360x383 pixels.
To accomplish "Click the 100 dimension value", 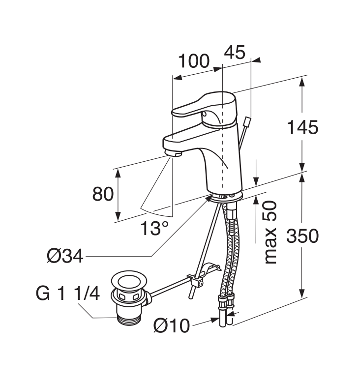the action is pyautogui.click(x=194, y=61).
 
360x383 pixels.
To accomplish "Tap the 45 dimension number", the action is pyautogui.click(x=235, y=52).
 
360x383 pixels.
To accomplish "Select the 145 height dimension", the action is pyautogui.click(x=302, y=127).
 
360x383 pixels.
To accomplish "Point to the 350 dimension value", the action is pyautogui.click(x=302, y=236).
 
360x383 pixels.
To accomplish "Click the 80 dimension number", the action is pyautogui.click(x=103, y=194).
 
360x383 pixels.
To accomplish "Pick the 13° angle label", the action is pyautogui.click(x=154, y=228).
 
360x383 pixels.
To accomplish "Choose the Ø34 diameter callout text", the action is pyautogui.click(x=65, y=256).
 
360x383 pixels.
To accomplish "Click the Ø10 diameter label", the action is pyautogui.click(x=172, y=325).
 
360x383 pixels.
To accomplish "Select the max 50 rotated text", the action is pyautogui.click(x=270, y=232).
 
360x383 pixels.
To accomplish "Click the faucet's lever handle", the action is pyautogui.click(x=204, y=108).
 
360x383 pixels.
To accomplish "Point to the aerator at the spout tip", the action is pyautogui.click(x=173, y=153).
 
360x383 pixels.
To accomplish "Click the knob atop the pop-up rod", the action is pyautogui.click(x=248, y=121).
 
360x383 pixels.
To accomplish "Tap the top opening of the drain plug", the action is pyautogui.click(x=129, y=281).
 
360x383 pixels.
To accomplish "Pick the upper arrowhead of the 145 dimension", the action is pyautogui.click(x=302, y=82).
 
